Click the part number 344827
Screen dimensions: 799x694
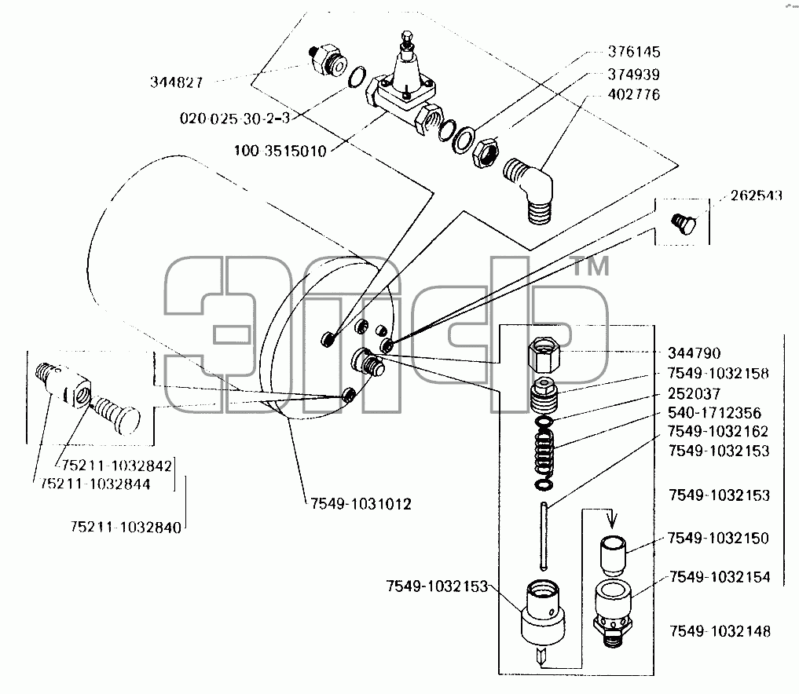(176, 82)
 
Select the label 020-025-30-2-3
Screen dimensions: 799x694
(235, 119)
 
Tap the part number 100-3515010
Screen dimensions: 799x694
(280, 152)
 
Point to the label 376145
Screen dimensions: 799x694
(634, 52)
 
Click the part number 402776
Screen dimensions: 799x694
(634, 95)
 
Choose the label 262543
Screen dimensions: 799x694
(757, 195)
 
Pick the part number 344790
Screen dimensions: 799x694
(694, 353)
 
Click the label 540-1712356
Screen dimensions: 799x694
(714, 413)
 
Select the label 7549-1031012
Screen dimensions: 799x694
(361, 504)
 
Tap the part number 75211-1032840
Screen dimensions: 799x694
(126, 527)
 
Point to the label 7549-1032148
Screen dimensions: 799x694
(720, 631)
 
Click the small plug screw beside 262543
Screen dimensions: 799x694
(684, 224)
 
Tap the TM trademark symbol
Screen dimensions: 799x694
(591, 266)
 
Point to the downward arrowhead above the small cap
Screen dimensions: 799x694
(613, 520)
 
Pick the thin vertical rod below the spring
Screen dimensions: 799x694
(544, 535)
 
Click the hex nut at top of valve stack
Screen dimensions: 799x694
(544, 356)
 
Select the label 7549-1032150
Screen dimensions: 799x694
(718, 539)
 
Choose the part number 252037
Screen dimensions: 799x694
(694, 393)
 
